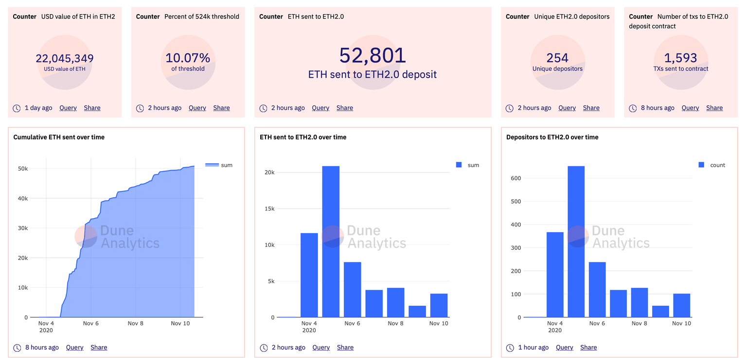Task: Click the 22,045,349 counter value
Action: (65, 59)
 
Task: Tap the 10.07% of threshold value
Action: (188, 58)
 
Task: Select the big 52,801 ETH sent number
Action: (373, 55)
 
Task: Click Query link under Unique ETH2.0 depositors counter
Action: (567, 108)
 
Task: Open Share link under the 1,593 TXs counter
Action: (714, 108)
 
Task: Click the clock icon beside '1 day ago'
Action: (17, 108)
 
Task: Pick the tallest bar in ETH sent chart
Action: (331, 242)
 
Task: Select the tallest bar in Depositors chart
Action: (576, 242)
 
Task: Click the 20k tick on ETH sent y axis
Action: (269, 173)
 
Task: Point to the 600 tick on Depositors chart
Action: (516, 178)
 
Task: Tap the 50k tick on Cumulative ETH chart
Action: (23, 169)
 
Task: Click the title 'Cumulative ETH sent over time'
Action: (59, 137)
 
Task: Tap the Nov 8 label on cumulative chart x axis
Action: (136, 323)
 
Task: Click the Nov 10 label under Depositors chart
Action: (681, 323)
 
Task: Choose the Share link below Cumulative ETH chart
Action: (99, 347)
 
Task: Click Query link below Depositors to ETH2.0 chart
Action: (565, 347)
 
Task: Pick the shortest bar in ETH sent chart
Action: (417, 312)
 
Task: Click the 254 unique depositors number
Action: (557, 58)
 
